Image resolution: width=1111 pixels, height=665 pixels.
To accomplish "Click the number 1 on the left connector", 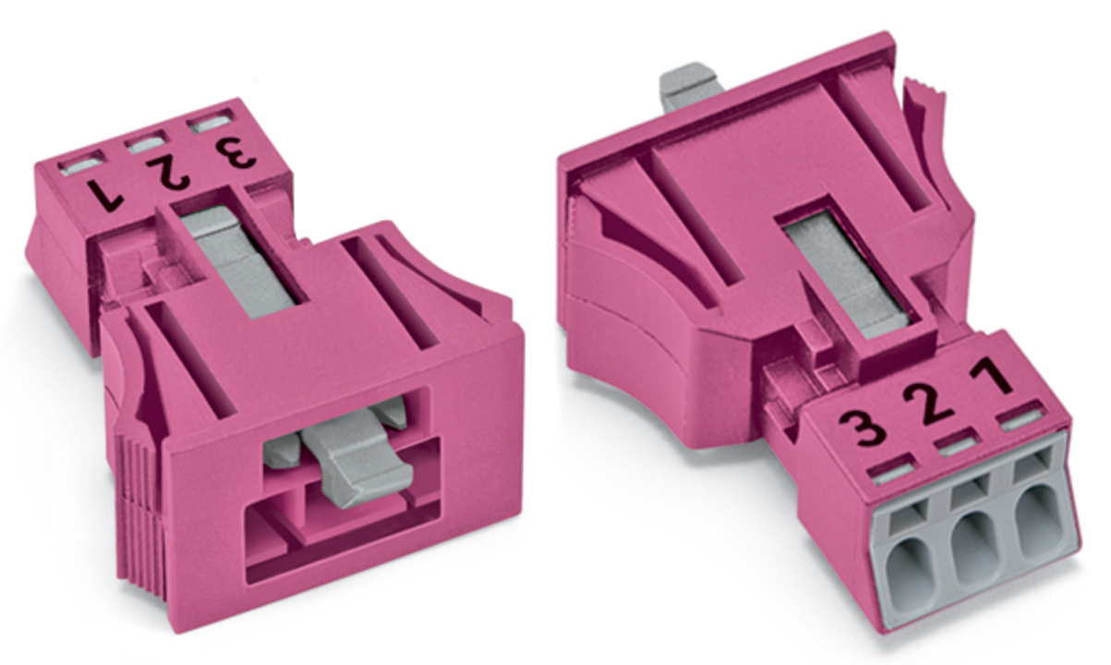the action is [x=105, y=194].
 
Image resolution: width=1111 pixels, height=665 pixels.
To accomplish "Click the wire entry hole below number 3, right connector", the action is [x=912, y=569].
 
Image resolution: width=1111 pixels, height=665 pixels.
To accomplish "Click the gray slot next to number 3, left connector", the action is [x=211, y=121].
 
